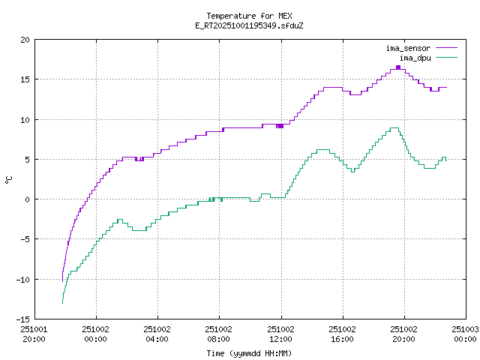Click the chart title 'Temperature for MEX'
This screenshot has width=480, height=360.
click(249, 16)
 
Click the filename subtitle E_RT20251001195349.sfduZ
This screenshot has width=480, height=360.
click(249, 25)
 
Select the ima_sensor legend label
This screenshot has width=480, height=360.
click(408, 48)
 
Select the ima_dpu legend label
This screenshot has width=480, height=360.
click(415, 58)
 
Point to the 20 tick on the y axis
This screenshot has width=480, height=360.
click(25, 40)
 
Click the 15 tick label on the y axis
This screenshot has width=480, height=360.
click(25, 79)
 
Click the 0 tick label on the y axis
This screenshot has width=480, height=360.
click(28, 199)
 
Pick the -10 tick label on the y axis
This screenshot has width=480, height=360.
click(23, 279)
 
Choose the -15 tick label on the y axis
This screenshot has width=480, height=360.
click(23, 319)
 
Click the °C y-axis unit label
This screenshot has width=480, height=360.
click(9, 179)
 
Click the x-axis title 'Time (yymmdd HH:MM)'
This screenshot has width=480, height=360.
click(249, 353)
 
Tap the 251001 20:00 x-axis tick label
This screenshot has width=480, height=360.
click(34, 333)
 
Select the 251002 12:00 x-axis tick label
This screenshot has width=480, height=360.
click(280, 333)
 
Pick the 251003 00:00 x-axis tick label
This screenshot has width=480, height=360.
click(465, 333)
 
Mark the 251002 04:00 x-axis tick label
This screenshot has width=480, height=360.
click(157, 333)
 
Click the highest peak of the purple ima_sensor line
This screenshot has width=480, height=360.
click(397, 67)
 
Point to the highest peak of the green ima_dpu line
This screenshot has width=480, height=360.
click(394, 128)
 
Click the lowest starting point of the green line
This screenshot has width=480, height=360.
click(62, 302)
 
